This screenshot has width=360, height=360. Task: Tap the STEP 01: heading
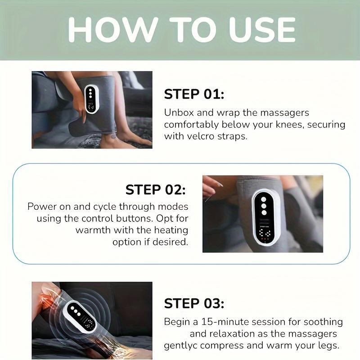(x=194, y=94)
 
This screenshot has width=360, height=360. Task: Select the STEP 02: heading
(x=156, y=189)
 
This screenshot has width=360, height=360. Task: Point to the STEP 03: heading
(x=194, y=303)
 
